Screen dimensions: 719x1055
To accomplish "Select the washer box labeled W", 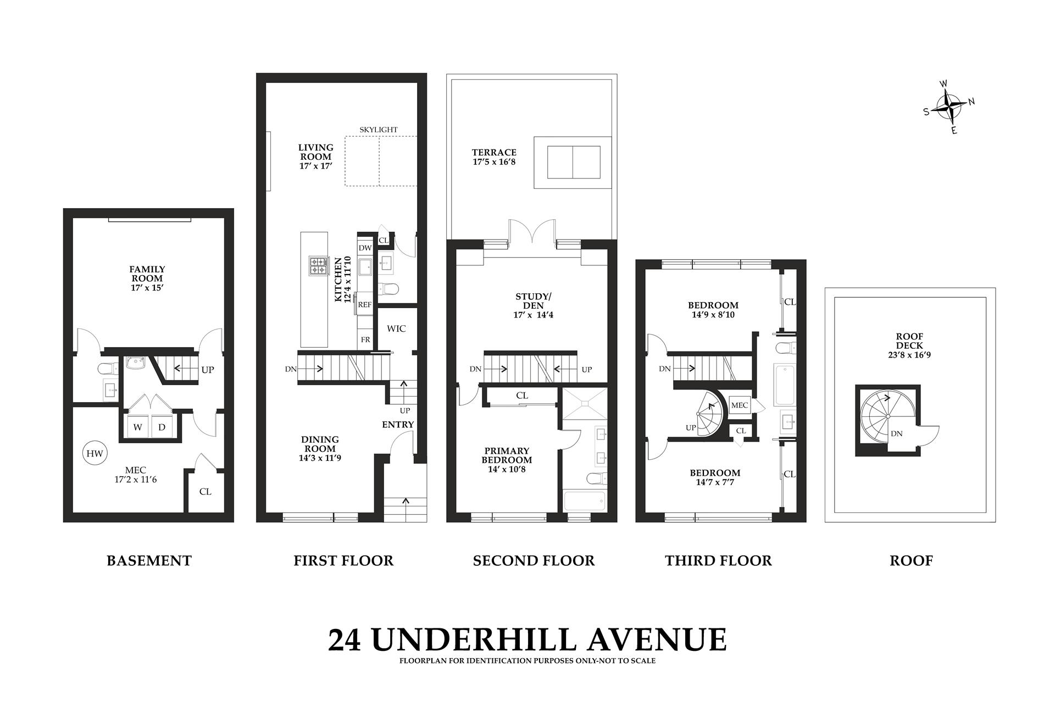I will click(137, 427).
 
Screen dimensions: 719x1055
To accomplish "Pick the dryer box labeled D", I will click(162, 427).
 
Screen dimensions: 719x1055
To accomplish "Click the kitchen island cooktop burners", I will click(318, 266).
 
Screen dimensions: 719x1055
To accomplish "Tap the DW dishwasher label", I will click(365, 248).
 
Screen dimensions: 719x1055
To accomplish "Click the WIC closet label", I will click(396, 328).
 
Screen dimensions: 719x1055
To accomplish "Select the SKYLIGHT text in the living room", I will click(379, 130).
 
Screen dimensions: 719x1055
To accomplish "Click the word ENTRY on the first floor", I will click(398, 425).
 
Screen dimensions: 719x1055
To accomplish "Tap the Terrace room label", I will click(494, 153).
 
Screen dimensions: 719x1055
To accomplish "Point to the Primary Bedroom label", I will click(507, 455).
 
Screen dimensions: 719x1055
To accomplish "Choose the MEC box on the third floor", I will click(740, 405).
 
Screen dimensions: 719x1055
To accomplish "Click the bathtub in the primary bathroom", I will click(585, 501).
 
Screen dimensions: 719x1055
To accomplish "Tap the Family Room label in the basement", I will click(147, 274).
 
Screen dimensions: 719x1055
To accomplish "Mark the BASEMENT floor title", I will click(149, 561).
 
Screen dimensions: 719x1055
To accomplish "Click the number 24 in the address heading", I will click(345, 640).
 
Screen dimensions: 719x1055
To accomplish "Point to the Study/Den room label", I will click(532, 301).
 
